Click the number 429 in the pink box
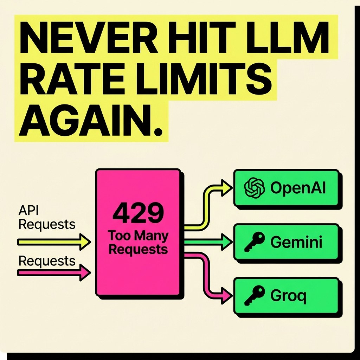click(x=138, y=213)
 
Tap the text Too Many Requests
click(x=138, y=242)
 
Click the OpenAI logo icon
click(x=255, y=188)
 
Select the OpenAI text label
click(x=298, y=188)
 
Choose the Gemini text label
click(x=296, y=242)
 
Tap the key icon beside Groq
click(x=255, y=295)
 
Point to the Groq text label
click(x=288, y=296)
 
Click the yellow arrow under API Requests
click(x=54, y=242)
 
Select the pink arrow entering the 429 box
click(x=54, y=272)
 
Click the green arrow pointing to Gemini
click(x=208, y=242)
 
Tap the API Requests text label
click(x=47, y=217)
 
